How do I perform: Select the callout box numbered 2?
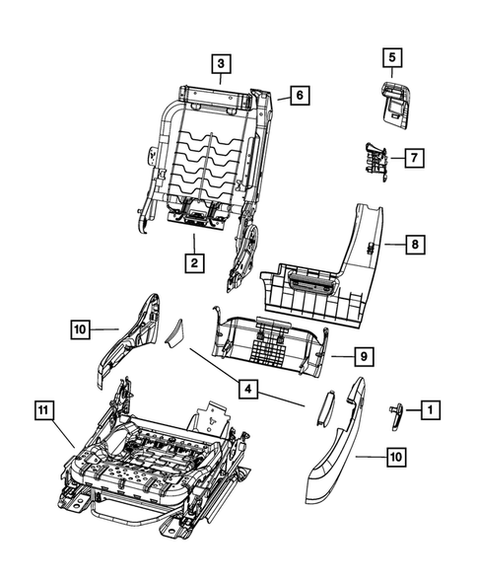pyautogui.click(x=194, y=262)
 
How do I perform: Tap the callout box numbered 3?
pyautogui.click(x=222, y=63)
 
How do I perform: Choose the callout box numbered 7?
pyautogui.click(x=413, y=158)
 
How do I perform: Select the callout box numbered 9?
pyautogui.click(x=337, y=356)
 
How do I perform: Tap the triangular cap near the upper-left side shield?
pyautogui.click(x=176, y=332)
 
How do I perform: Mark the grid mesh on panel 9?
pyautogui.click(x=266, y=345)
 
